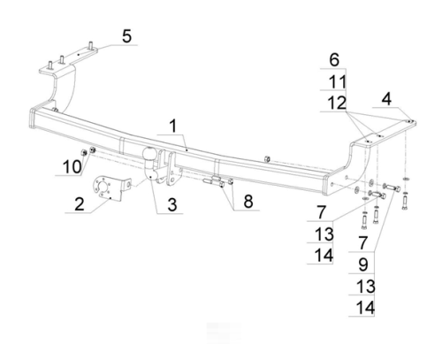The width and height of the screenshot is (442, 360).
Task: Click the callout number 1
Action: pyautogui.click(x=173, y=126)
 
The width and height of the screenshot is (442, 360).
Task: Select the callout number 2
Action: pyautogui.click(x=80, y=203)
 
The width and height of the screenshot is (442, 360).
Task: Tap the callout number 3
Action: pyautogui.click(x=172, y=204)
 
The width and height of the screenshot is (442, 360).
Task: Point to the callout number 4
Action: pyautogui.click(x=386, y=99)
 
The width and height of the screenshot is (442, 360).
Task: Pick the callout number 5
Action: pyautogui.click(x=126, y=36)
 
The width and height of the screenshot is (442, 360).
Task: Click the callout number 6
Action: pyautogui.click(x=334, y=60)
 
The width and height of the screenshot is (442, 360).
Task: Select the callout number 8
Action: pyautogui.click(x=248, y=202)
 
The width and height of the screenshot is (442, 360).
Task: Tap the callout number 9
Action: pyautogui.click(x=363, y=264)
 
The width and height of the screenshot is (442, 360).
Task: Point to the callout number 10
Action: pyautogui.click(x=72, y=167)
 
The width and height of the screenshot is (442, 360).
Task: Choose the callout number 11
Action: pyautogui.click(x=337, y=81)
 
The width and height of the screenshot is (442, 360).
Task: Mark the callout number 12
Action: pyautogui.click(x=337, y=103)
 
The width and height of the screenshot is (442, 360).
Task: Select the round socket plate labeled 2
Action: pyautogui.click(x=108, y=188)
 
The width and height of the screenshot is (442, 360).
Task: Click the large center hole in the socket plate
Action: pyautogui.click(x=103, y=187)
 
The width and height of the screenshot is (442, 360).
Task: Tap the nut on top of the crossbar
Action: pyautogui.click(x=267, y=159)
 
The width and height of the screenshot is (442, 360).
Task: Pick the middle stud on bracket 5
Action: pyautogui.click(x=62, y=59)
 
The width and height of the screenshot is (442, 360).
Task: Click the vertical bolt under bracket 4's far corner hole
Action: pyautogui.click(x=404, y=203)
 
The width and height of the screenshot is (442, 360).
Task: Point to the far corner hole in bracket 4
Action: pyautogui.click(x=408, y=121)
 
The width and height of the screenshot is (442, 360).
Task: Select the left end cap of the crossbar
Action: pyautogui.click(x=33, y=119)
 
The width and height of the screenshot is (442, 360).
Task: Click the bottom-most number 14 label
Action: pyautogui.click(x=365, y=308)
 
